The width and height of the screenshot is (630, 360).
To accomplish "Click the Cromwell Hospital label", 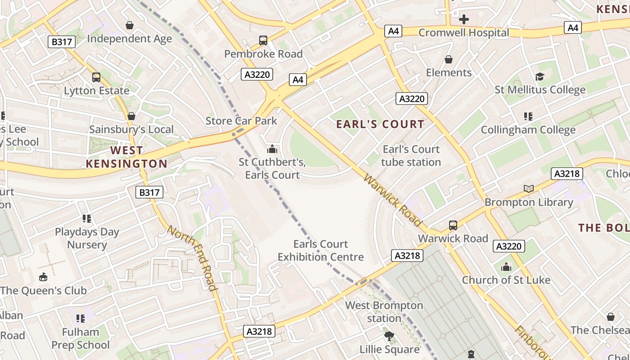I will click(x=463, y=33).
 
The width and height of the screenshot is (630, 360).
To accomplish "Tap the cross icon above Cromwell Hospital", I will click(x=463, y=19).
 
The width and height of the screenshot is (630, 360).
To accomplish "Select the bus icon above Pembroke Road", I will click(x=263, y=40).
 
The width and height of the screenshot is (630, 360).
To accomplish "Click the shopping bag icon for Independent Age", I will click(x=130, y=25).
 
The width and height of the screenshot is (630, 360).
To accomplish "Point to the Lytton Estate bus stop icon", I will click(x=96, y=77).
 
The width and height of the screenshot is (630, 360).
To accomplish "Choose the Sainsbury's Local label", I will click(x=131, y=130).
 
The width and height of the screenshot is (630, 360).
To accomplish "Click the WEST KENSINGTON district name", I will click(x=126, y=157).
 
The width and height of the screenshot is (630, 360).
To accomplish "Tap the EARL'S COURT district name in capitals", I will click(x=380, y=124).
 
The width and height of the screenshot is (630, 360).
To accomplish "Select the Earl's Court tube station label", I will click(x=411, y=156).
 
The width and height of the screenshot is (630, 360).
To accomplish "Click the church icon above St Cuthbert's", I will click(x=272, y=149).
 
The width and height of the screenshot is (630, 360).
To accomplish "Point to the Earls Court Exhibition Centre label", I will click(x=320, y=251).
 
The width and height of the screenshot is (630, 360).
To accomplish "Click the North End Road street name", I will click(x=192, y=258).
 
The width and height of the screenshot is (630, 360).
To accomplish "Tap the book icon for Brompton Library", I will click(x=529, y=189).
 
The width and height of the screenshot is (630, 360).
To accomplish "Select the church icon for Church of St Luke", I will click(x=506, y=267).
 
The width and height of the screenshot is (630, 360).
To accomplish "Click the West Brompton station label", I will click(x=384, y=312).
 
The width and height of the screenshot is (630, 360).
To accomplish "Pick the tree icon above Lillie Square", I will click(x=389, y=336).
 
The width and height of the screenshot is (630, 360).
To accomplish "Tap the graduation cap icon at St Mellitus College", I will click(x=540, y=77).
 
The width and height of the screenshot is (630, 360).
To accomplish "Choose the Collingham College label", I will click(x=528, y=130).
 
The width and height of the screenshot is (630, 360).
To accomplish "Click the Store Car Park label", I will click(x=241, y=121).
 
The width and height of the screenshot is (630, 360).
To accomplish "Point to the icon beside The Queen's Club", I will click(x=43, y=277).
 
